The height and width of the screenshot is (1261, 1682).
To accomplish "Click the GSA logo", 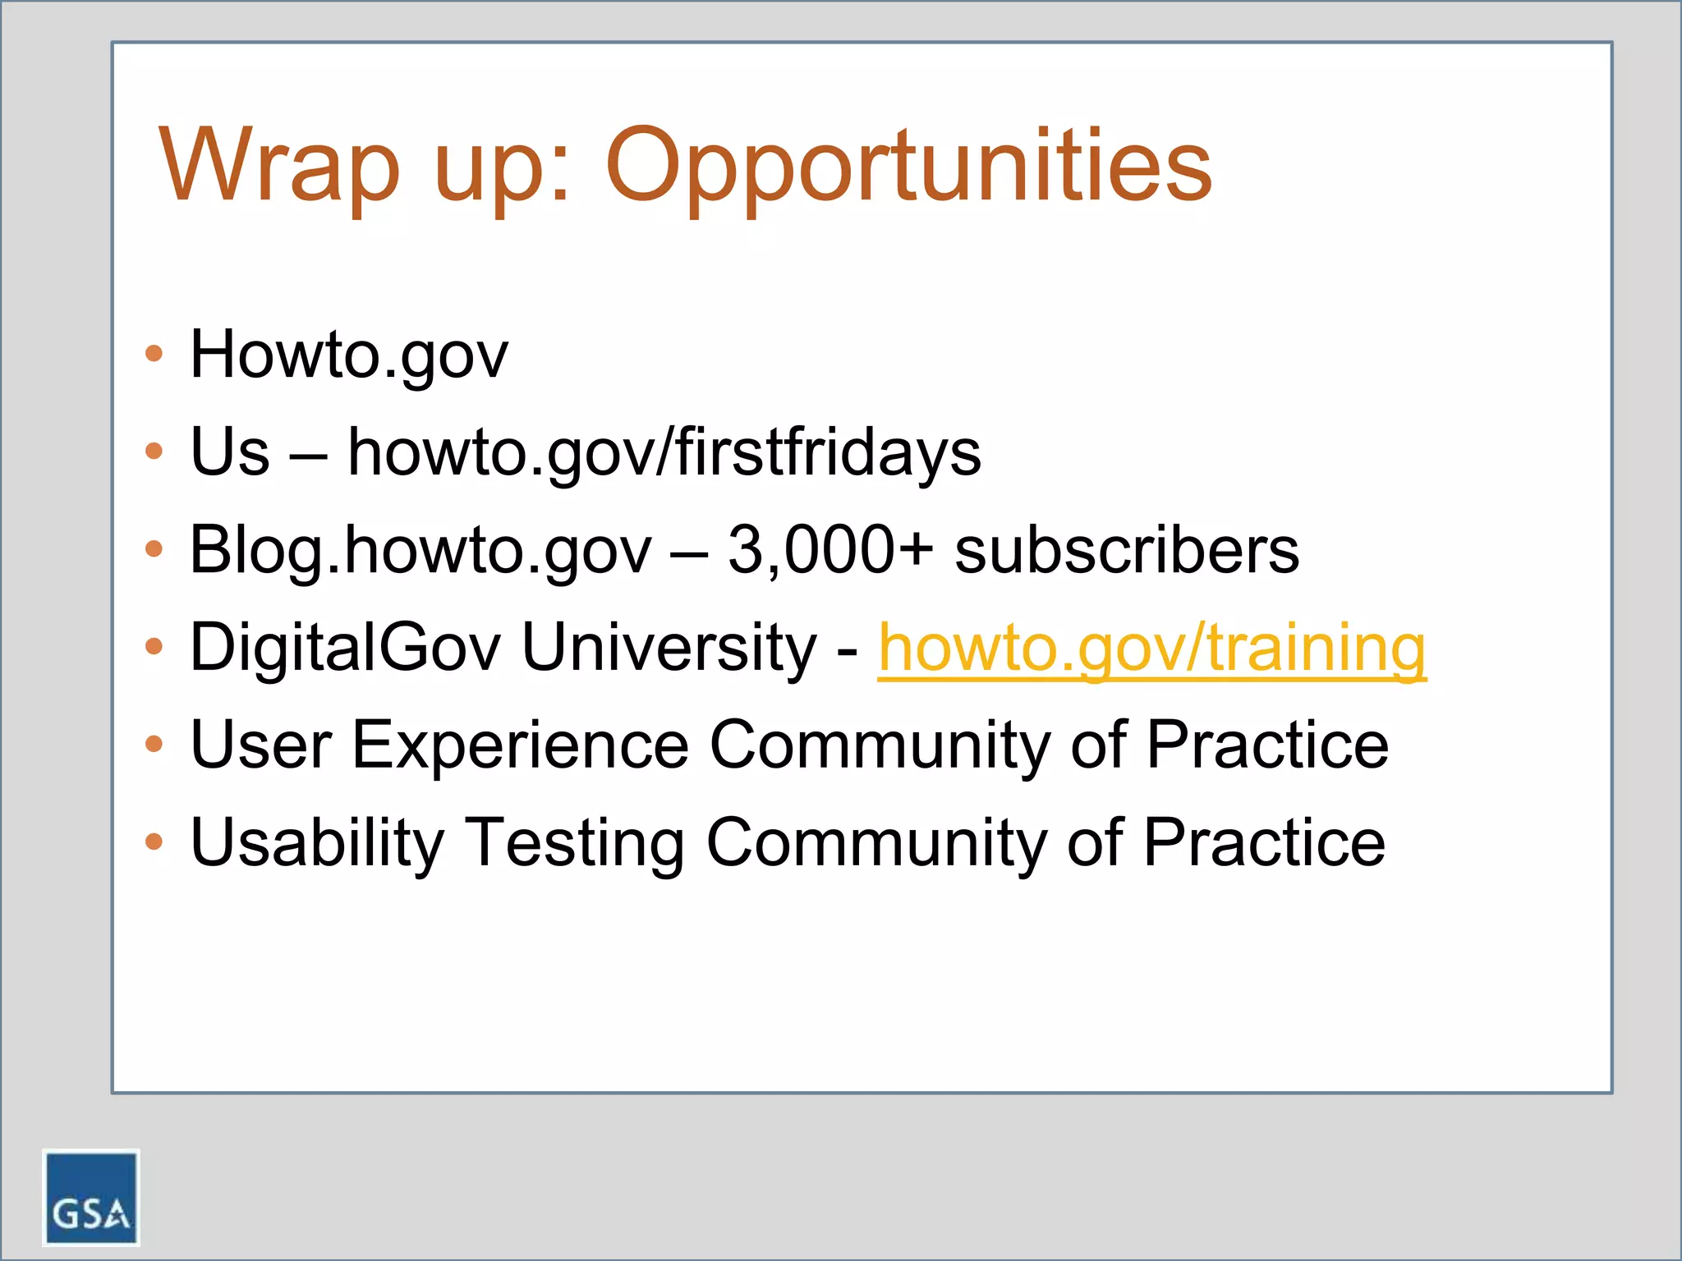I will coord(90,1197).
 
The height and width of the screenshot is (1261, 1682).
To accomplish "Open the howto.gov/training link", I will coord(1151,648).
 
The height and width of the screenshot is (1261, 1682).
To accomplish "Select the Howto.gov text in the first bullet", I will coord(349,355).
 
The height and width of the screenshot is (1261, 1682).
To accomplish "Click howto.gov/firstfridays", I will coord(664,452).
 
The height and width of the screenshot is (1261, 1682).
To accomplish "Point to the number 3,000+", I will coord(830,549).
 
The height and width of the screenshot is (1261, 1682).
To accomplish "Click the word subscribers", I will coord(1126,549).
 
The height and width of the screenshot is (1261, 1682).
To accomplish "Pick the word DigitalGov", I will coord(345,648).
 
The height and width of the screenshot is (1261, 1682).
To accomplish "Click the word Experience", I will coord(521,745).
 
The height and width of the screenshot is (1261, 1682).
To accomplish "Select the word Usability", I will coord(317,842).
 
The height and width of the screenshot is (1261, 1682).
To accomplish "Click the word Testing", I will coord(576,842).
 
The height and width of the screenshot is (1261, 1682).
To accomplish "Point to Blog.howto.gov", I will coord(420,549).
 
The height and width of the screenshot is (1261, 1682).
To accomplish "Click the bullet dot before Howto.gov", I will coord(154,354).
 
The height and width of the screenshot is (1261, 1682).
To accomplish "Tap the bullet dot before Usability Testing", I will coord(154,841).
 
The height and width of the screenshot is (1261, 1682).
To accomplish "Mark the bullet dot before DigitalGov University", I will coord(154,646).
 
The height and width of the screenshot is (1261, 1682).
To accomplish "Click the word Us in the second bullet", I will coord(229,452).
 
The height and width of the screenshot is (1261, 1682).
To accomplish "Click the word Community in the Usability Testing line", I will coord(875,842).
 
